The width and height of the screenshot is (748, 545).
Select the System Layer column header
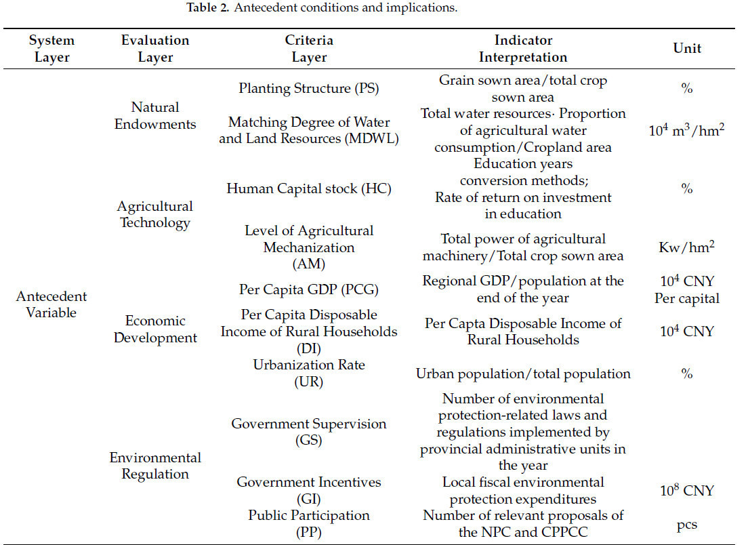point(51,49)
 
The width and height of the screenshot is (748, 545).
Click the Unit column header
point(686,48)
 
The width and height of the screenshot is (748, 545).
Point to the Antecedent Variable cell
point(51,304)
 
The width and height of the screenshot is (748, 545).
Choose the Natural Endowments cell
point(155,115)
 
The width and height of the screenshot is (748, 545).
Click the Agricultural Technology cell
point(155,214)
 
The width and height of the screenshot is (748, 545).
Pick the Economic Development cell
point(155,329)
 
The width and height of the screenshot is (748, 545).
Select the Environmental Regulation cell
point(155,466)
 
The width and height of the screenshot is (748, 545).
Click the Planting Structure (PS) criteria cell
point(309,89)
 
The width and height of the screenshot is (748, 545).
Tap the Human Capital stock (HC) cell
point(309,188)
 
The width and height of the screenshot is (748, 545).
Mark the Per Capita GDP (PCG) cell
point(309,289)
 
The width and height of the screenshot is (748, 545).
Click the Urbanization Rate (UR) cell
point(309,373)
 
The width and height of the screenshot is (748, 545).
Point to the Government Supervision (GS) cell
point(309,432)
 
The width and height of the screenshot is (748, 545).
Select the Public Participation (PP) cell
point(309,523)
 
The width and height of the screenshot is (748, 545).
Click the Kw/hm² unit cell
point(686,247)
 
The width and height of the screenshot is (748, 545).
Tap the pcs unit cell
point(686,524)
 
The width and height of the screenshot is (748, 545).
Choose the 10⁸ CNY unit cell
point(686,490)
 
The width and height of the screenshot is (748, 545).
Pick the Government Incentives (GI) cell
point(309,490)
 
